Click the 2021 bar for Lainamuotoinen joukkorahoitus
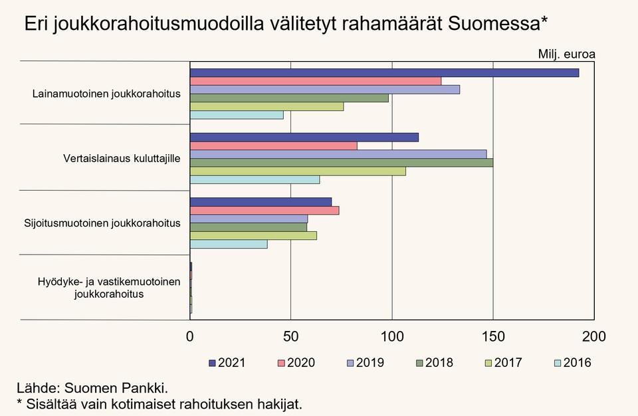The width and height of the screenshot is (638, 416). pyautogui.click(x=384, y=72)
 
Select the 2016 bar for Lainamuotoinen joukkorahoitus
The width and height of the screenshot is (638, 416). pyautogui.click(x=237, y=115)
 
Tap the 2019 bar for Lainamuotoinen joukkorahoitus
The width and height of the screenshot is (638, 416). pyautogui.click(x=324, y=90)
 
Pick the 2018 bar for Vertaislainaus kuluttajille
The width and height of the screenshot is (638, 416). pyautogui.click(x=341, y=162)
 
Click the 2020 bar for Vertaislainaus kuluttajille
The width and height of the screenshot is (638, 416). pyautogui.click(x=273, y=146)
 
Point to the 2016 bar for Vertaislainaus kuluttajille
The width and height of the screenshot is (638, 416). pyautogui.click(x=255, y=179)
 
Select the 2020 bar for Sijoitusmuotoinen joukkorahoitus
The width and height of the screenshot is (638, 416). pyautogui.click(x=265, y=210)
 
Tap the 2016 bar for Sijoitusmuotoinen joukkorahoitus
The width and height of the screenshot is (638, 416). pyautogui.click(x=229, y=244)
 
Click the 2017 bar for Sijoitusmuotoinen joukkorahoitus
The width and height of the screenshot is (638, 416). pyautogui.click(x=253, y=235)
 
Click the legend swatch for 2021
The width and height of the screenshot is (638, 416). pyautogui.click(x=213, y=363)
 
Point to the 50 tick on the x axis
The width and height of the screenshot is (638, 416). pyautogui.click(x=291, y=337)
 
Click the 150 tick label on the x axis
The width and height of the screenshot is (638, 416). pyautogui.click(x=493, y=337)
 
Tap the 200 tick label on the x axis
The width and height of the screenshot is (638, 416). pyautogui.click(x=594, y=337)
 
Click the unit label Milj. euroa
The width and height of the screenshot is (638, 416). pyautogui.click(x=566, y=54)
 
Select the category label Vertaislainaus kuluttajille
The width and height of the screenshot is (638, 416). pyautogui.click(x=122, y=159)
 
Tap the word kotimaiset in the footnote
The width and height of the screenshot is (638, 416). pyautogui.click(x=144, y=403)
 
